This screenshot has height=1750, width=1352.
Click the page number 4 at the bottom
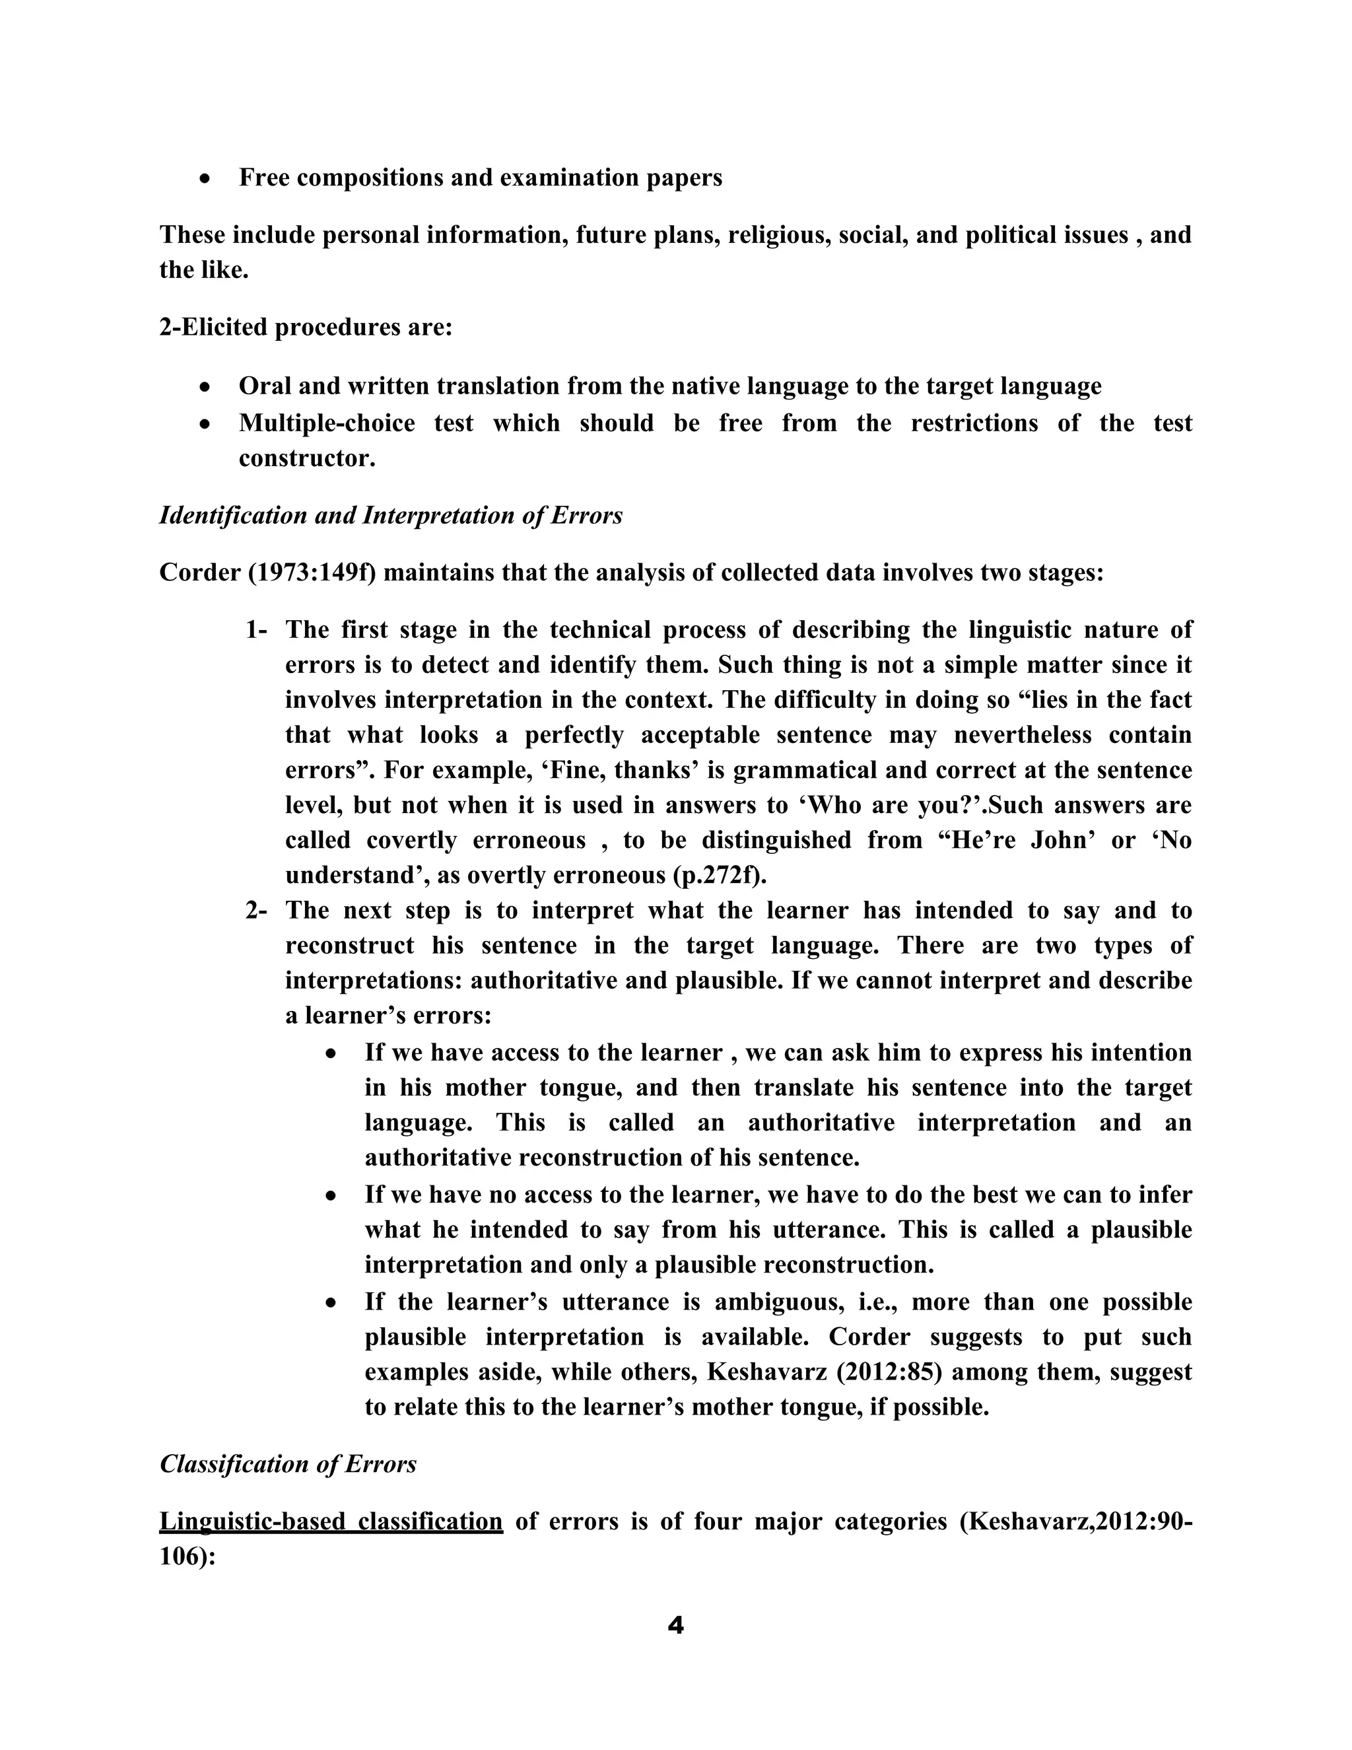[x=675, y=1626]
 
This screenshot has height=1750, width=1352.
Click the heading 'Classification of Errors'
[x=288, y=1464]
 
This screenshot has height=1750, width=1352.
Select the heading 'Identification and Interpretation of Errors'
[x=391, y=514]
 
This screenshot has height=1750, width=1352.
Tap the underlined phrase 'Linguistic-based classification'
[x=331, y=1521]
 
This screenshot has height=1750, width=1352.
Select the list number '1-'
[x=255, y=630]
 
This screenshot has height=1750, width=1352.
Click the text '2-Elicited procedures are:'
[x=306, y=327]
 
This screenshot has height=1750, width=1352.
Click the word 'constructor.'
[x=307, y=458]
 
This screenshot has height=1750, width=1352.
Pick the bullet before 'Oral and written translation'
[x=206, y=387]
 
